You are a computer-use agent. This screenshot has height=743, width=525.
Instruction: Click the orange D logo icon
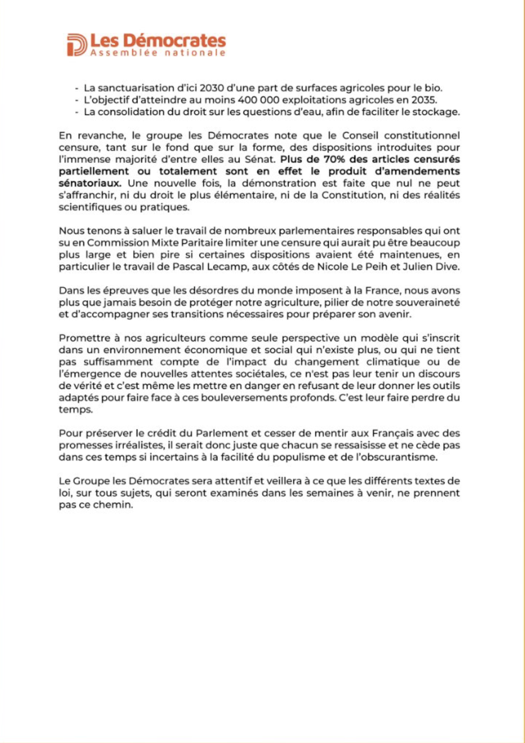tap(76, 45)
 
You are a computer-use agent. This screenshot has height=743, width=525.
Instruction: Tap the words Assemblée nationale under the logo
tap(158, 53)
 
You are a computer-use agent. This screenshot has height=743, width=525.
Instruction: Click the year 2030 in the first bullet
tap(211, 88)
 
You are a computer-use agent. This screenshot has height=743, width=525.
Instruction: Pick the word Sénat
tap(260, 159)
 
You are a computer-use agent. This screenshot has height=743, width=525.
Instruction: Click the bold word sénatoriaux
tap(89, 183)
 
